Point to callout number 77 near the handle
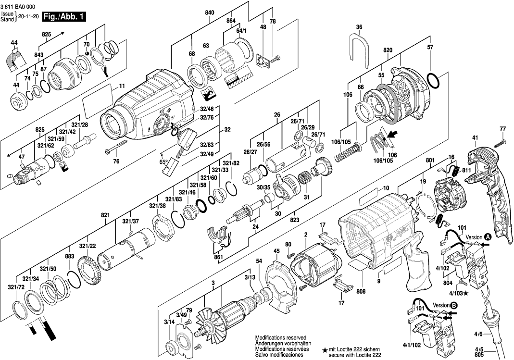(x=503, y=129)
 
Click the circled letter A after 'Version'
(x=488, y=237)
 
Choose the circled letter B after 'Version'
(x=453, y=305)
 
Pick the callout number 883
(x=70, y=257)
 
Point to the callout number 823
(x=294, y=220)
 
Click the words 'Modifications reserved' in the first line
(x=281, y=338)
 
